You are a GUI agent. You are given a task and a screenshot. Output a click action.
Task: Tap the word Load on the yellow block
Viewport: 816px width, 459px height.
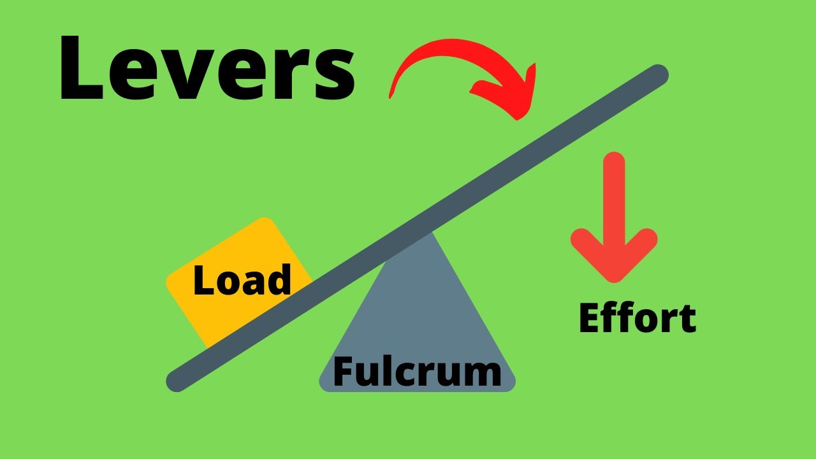point(242,280)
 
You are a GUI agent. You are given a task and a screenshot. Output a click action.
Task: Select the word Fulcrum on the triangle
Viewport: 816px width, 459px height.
point(417,372)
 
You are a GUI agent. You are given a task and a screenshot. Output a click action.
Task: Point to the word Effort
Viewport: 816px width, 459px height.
point(637,318)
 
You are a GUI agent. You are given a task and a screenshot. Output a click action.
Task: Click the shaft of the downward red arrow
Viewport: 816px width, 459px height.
point(613,191)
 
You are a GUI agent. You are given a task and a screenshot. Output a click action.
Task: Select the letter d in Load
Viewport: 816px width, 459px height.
point(279,280)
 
